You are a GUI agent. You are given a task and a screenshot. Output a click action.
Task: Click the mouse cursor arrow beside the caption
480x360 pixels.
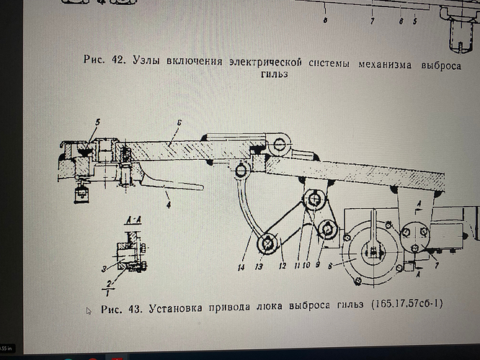[x=89, y=311]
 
